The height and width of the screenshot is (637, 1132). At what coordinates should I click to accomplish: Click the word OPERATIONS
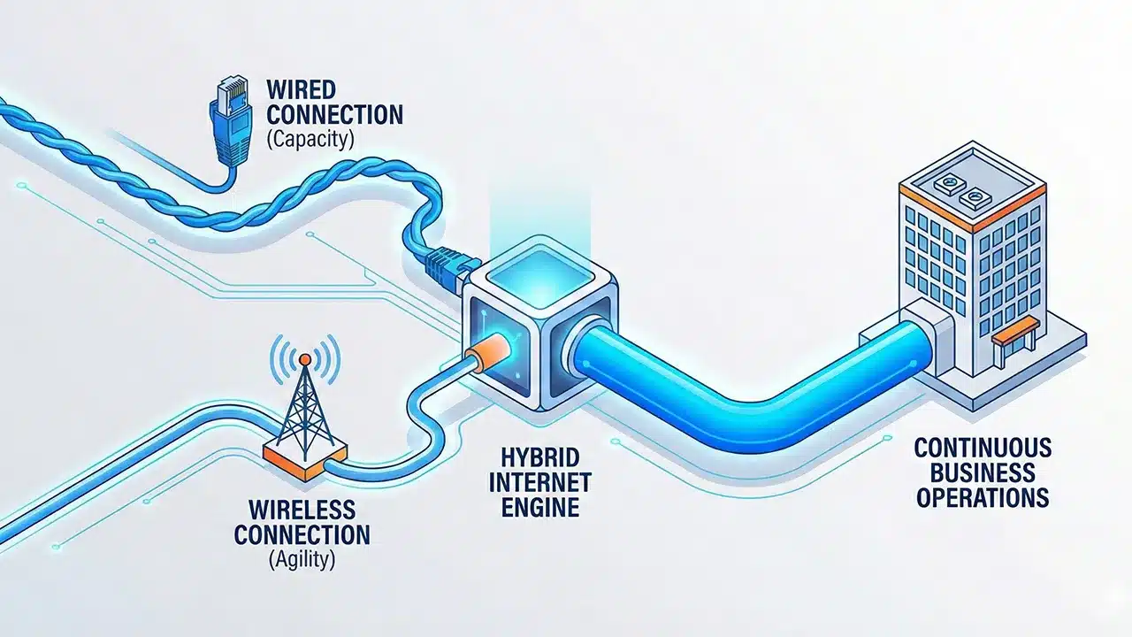click(x=982, y=497)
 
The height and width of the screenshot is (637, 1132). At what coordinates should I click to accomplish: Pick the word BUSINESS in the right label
click(x=982, y=471)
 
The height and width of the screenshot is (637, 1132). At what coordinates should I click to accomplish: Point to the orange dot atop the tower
click(x=304, y=359)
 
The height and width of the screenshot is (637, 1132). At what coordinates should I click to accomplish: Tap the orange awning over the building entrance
click(x=1013, y=334)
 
